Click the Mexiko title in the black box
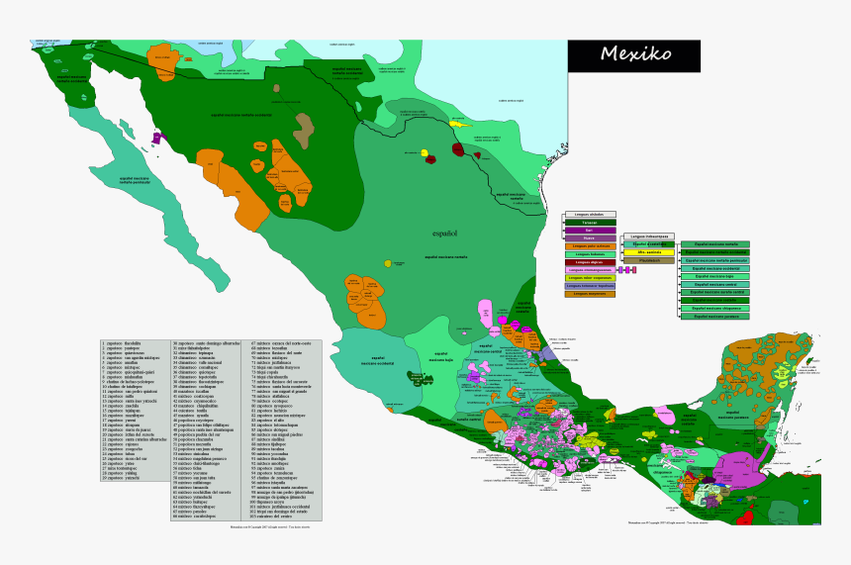coord(634,54)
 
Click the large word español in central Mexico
coord(444,234)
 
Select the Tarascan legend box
coord(590,223)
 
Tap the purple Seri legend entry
coord(590,231)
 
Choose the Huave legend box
coord(590,238)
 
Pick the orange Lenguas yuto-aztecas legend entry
coord(590,246)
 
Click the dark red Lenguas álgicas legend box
coord(590,262)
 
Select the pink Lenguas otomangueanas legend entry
coord(590,270)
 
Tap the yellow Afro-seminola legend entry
coord(649,252)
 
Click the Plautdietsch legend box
coord(649,260)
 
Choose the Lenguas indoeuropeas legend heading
coord(649,236)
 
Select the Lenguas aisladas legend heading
coord(590,214)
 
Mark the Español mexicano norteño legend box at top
coord(715,243)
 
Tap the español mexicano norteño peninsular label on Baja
coord(136,180)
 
